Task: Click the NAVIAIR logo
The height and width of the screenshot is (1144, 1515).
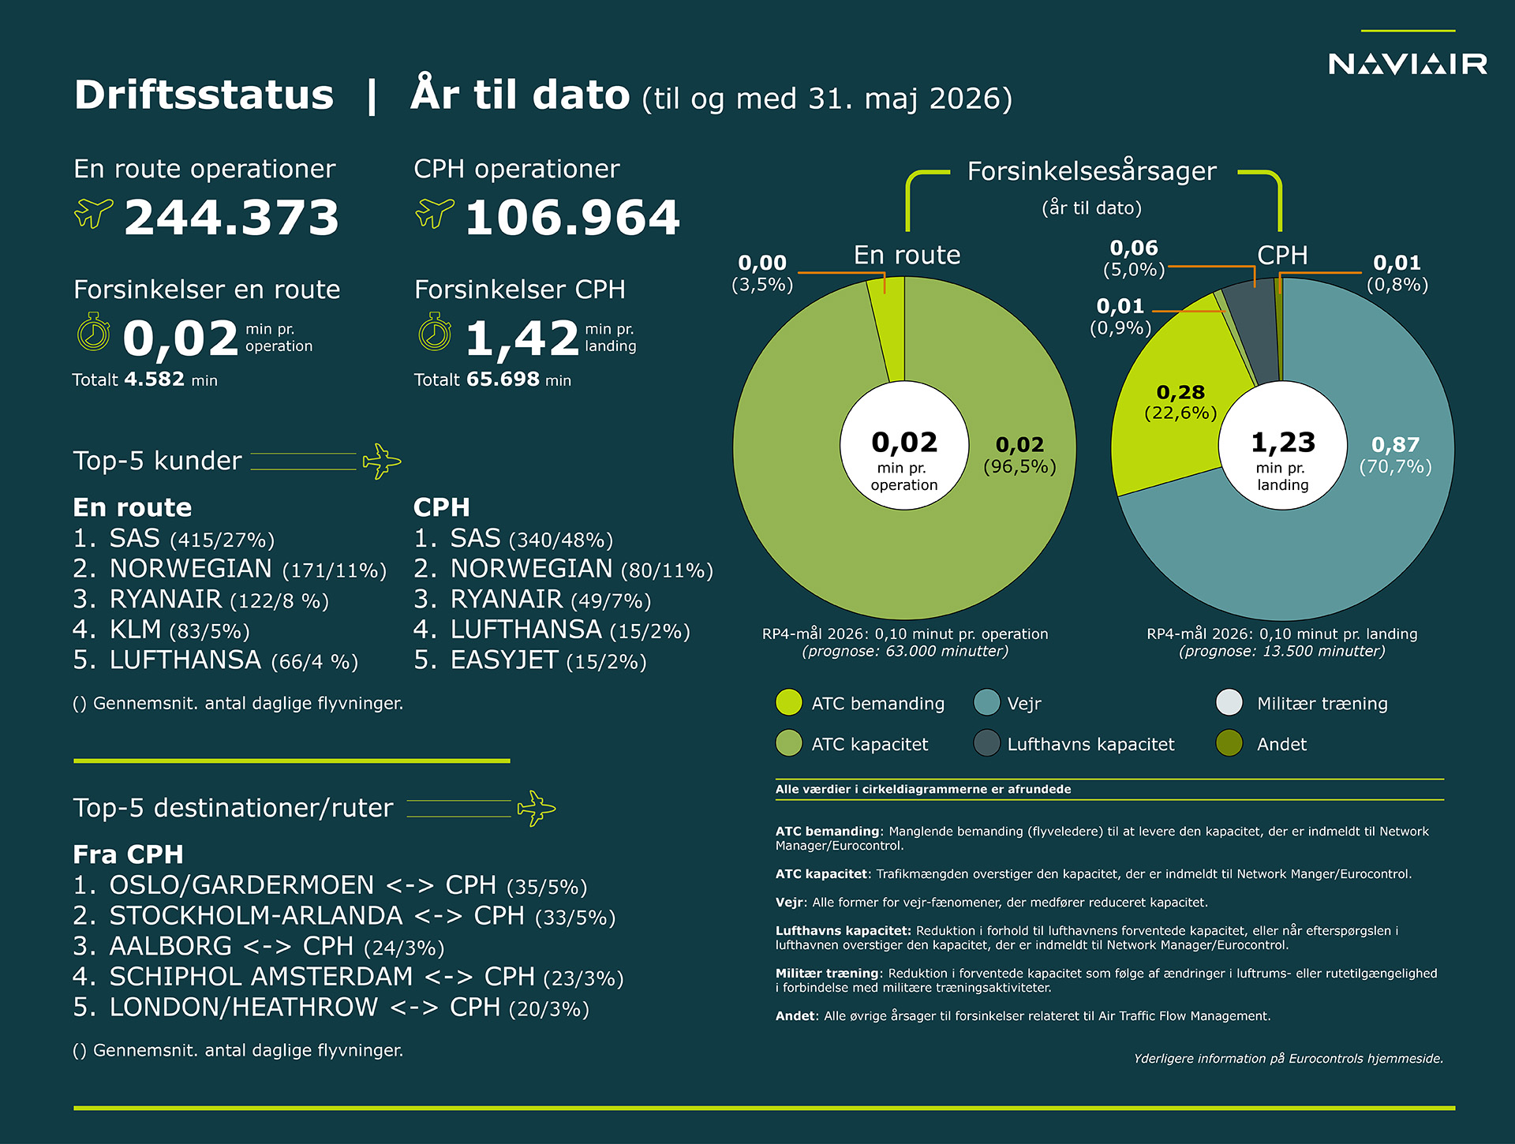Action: [1408, 63]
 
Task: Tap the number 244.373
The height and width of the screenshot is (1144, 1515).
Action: [232, 217]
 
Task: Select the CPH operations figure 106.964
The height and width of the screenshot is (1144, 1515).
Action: [573, 217]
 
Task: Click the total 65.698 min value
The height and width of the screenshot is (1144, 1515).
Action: [518, 379]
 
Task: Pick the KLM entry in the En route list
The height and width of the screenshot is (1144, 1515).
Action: [161, 630]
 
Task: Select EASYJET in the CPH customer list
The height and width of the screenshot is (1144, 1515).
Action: [530, 660]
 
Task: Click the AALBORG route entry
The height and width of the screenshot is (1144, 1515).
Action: [259, 946]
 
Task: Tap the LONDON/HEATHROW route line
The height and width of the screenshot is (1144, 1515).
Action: [331, 1008]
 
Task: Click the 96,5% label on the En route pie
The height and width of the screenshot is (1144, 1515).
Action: [1019, 466]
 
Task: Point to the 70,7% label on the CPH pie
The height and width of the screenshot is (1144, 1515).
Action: [1395, 466]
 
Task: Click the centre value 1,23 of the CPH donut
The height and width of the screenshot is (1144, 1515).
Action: [1283, 442]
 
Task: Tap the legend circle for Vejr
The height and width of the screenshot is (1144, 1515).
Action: [987, 702]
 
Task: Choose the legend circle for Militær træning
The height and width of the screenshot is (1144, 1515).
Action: [1229, 702]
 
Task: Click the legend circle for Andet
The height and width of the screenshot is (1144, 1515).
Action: [1229, 743]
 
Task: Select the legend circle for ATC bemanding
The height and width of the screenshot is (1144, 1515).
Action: [789, 702]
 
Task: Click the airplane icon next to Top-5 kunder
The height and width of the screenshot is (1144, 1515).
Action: [382, 461]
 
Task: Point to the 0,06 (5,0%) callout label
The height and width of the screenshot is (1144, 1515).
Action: [1134, 259]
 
